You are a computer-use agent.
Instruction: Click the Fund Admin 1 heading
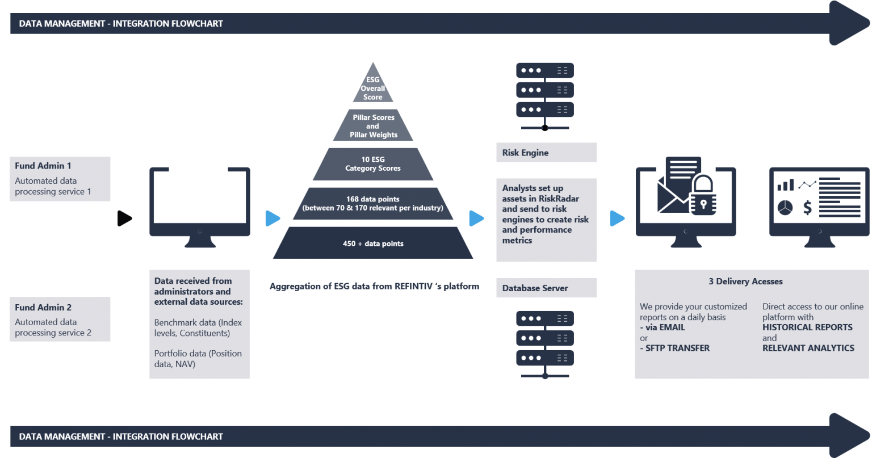pos(43,166)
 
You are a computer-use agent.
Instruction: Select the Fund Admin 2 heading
pos(43,307)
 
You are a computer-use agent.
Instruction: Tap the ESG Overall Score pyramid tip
pos(373,88)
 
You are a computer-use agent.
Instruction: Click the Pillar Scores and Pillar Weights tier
pos(373,126)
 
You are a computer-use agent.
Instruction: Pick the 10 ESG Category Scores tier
pos(373,164)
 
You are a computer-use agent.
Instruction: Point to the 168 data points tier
pos(373,203)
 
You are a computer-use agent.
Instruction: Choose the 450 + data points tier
pos(373,243)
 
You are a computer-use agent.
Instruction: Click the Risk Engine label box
pos(546,153)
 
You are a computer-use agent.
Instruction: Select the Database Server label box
pos(546,288)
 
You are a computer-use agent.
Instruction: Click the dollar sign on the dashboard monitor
pos(807,208)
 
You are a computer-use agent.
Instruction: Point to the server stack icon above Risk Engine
pos(545,94)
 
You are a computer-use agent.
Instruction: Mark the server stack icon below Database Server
pos(545,343)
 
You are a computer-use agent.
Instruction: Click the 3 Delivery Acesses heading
pos(745,281)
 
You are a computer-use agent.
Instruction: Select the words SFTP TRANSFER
pos(677,348)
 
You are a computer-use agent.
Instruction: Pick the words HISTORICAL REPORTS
pos(807,327)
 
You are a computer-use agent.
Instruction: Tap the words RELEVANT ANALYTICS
pos(808,348)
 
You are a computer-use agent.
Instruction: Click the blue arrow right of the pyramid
pos(476,219)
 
